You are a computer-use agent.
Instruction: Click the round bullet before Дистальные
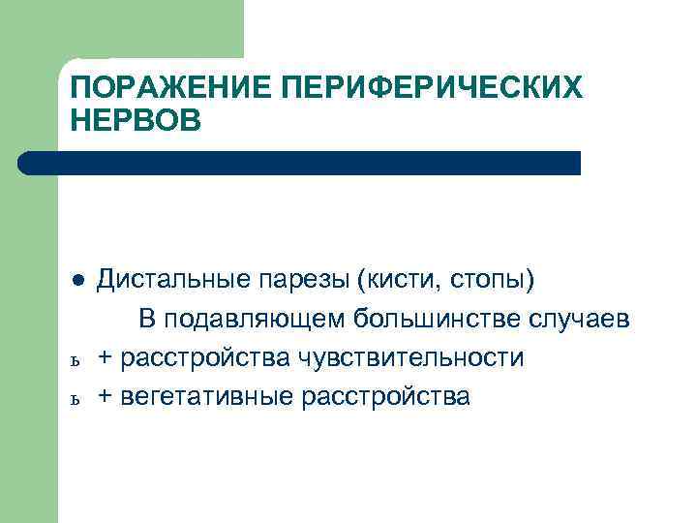tap(77, 281)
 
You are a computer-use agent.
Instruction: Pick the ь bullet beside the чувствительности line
tap(77, 360)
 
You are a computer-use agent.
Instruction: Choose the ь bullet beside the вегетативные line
tap(77, 399)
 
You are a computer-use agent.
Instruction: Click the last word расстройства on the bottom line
tap(386, 396)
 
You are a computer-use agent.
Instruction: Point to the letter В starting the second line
tap(146, 319)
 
